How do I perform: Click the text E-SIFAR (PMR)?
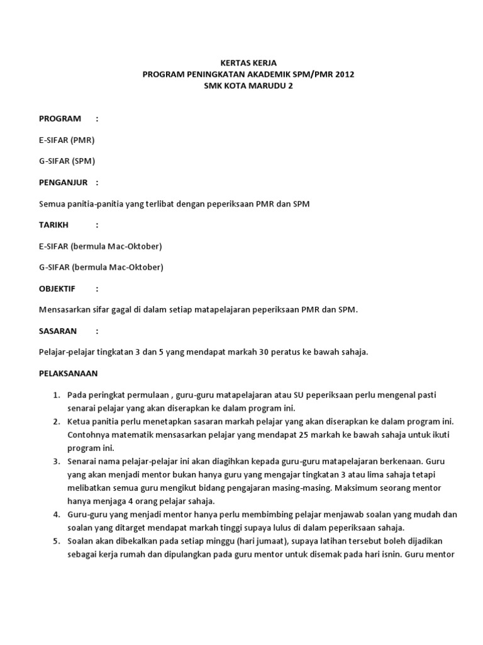(67, 140)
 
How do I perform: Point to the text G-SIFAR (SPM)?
(67, 161)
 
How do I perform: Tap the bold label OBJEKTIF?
(57, 288)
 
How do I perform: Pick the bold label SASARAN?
(58, 331)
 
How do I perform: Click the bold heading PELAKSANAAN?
(68, 374)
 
